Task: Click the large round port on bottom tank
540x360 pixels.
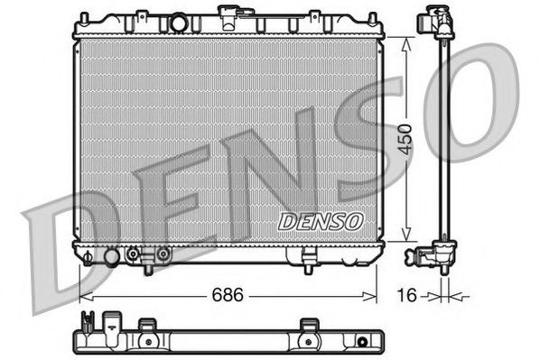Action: tap(111, 257)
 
